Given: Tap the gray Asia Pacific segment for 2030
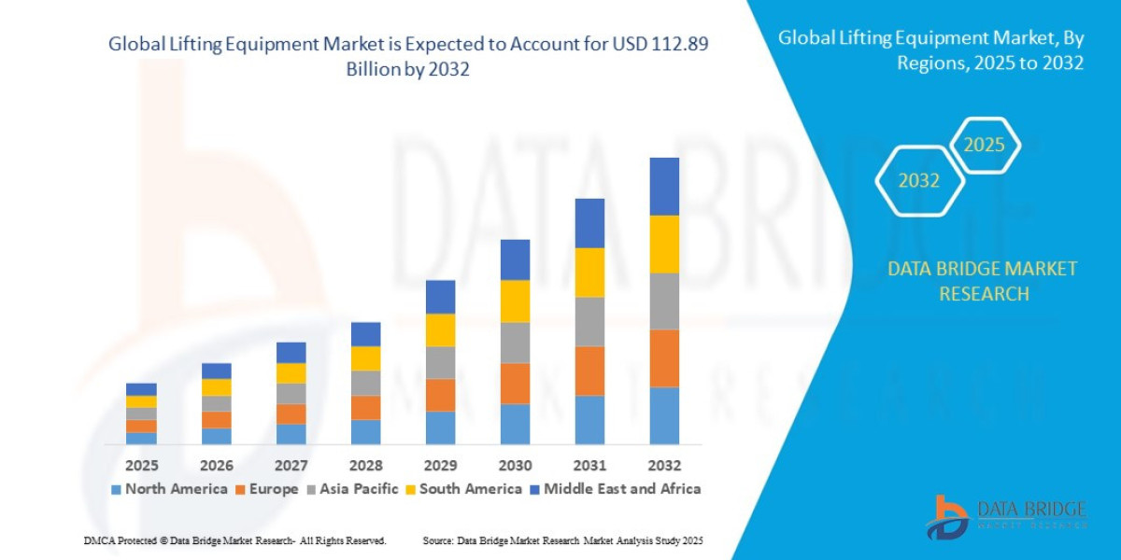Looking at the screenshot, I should (515, 343).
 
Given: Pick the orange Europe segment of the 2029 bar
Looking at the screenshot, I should (440, 395).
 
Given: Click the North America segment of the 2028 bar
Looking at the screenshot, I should (365, 431).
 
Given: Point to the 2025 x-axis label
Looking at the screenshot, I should (142, 465).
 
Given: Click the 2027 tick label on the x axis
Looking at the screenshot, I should (291, 465).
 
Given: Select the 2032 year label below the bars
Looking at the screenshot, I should (664, 465).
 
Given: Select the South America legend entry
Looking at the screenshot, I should (464, 488).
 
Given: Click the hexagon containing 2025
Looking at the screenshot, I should (984, 146).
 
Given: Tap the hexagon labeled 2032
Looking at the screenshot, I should (919, 181).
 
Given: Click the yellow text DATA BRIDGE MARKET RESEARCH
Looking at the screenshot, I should (982, 281).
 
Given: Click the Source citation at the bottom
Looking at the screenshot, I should (562, 541).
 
